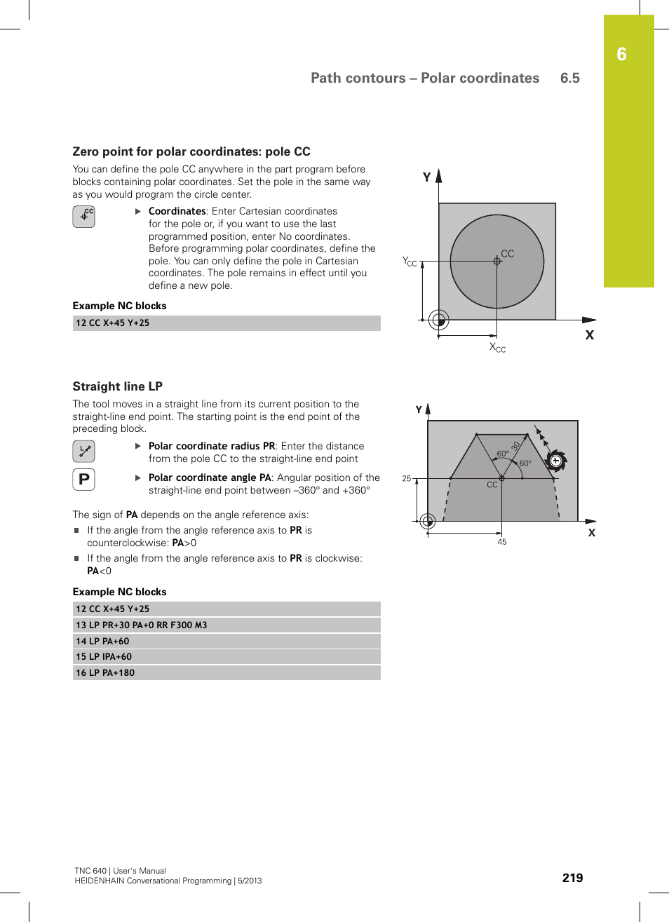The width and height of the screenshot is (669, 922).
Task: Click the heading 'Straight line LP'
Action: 118,386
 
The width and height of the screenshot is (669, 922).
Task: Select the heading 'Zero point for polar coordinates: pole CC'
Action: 191,151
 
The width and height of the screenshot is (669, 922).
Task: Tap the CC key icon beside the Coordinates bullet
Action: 83,217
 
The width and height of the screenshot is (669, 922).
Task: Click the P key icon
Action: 83,480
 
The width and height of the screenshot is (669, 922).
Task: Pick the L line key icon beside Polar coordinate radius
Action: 83,451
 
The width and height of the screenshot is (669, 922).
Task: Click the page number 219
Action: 572,878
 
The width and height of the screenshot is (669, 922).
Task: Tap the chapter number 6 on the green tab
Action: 621,55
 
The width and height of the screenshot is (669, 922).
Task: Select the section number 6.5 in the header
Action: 569,78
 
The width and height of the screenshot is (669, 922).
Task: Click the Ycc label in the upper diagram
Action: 410,262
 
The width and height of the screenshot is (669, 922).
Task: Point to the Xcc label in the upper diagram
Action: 497,347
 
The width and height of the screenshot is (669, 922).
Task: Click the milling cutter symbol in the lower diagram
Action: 555,461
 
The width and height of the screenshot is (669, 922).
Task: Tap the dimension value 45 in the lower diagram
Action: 502,542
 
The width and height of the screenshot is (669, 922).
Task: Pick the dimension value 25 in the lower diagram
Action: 407,479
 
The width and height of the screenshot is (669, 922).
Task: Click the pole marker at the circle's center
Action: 497,261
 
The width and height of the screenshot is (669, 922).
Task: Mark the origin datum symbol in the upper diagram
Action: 439,320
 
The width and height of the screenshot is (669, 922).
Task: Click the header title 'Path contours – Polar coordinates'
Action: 425,78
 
